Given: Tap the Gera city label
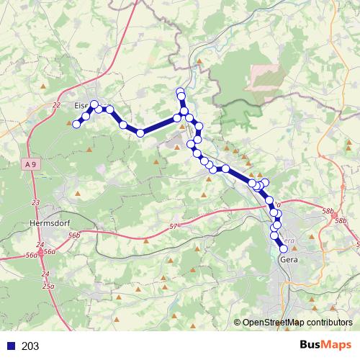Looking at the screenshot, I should click(x=288, y=259).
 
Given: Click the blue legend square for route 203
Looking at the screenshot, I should click(x=11, y=346).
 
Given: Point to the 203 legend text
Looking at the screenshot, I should click(x=31, y=346).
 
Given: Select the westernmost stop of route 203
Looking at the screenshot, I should click(x=77, y=125).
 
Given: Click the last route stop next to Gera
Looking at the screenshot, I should click(x=284, y=249).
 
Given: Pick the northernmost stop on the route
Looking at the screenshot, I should click(x=181, y=91).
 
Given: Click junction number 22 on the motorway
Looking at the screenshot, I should click(x=57, y=105).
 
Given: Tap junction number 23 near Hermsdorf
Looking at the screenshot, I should click(x=36, y=203).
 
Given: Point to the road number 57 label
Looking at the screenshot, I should click(x=173, y=228).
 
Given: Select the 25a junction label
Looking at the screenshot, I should click(x=48, y=286).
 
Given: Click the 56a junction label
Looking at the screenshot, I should click(x=49, y=251).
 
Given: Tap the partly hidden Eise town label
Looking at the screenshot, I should click(x=81, y=105).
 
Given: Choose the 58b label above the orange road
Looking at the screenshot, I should click(x=329, y=211).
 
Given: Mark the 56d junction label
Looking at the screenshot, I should click(x=31, y=255).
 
